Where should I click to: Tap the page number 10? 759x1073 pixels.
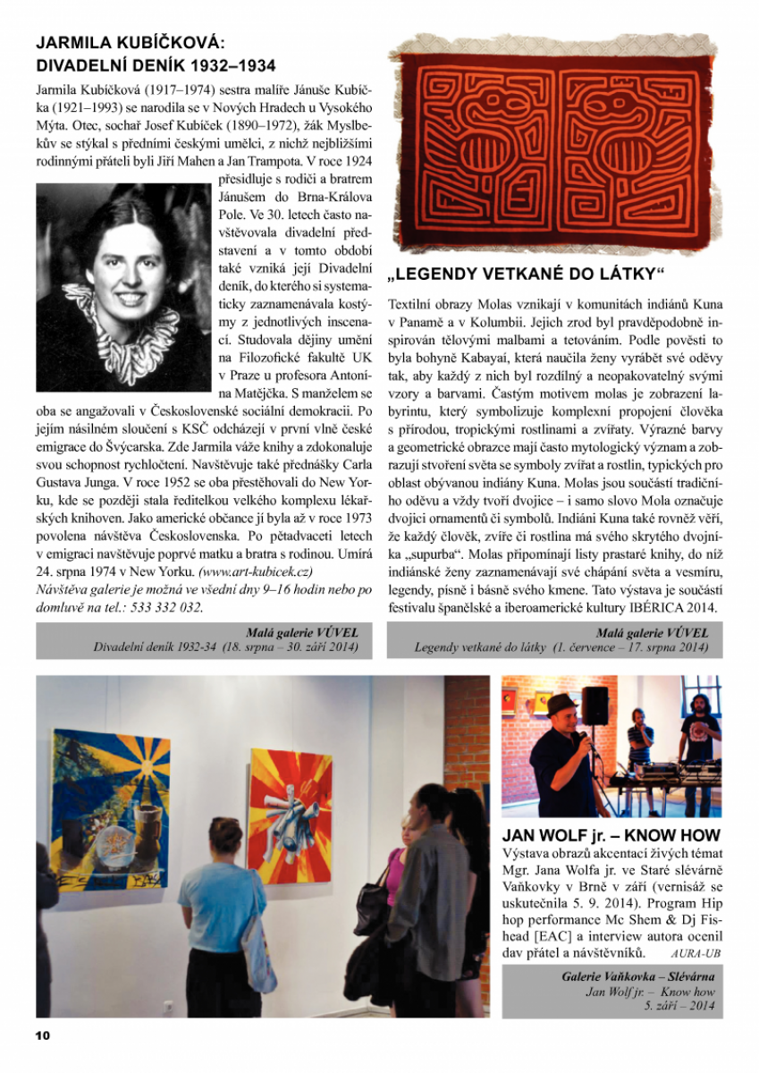[x=43, y=1035]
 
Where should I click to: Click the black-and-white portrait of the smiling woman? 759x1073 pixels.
[x=123, y=287]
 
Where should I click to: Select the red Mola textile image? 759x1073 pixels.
[x=555, y=145]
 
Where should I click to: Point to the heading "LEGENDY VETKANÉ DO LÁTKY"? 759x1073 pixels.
[x=528, y=273]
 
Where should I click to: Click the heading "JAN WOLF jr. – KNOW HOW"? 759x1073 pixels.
[x=611, y=836]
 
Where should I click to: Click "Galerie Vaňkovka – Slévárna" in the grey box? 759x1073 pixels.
[x=638, y=976]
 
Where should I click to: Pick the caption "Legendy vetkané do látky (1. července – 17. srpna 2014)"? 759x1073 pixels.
[x=561, y=647]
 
